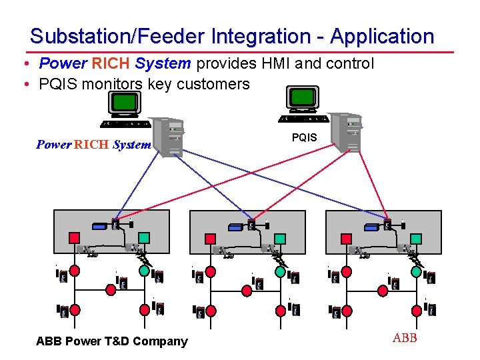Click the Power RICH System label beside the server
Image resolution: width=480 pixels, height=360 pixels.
point(93,145)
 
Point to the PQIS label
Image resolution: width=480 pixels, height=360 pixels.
point(304,138)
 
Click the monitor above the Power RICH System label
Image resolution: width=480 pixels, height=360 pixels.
point(124,104)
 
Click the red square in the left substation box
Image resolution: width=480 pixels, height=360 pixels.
point(75,238)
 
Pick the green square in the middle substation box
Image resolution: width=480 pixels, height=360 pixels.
point(280,238)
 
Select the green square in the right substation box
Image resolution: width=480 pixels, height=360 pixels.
point(416,238)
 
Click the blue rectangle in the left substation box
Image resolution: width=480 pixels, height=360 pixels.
point(99,227)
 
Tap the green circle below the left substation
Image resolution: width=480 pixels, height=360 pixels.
point(144,271)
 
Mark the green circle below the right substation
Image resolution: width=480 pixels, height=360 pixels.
point(416,271)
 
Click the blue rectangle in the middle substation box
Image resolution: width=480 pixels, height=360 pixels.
point(235,227)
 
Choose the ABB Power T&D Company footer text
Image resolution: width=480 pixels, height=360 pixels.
point(112,341)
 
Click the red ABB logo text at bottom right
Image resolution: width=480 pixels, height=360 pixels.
point(405,338)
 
